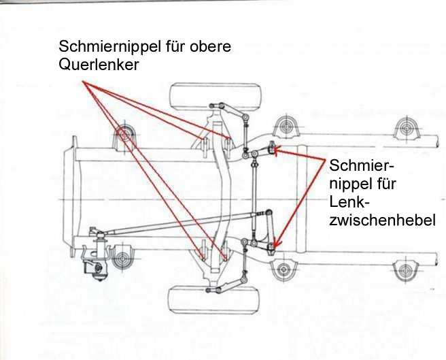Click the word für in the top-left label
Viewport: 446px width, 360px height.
pyautogui.click(x=165, y=47)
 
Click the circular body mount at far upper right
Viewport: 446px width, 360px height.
pyautogui.click(x=408, y=129)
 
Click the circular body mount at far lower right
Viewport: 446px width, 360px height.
pyautogui.click(x=408, y=266)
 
